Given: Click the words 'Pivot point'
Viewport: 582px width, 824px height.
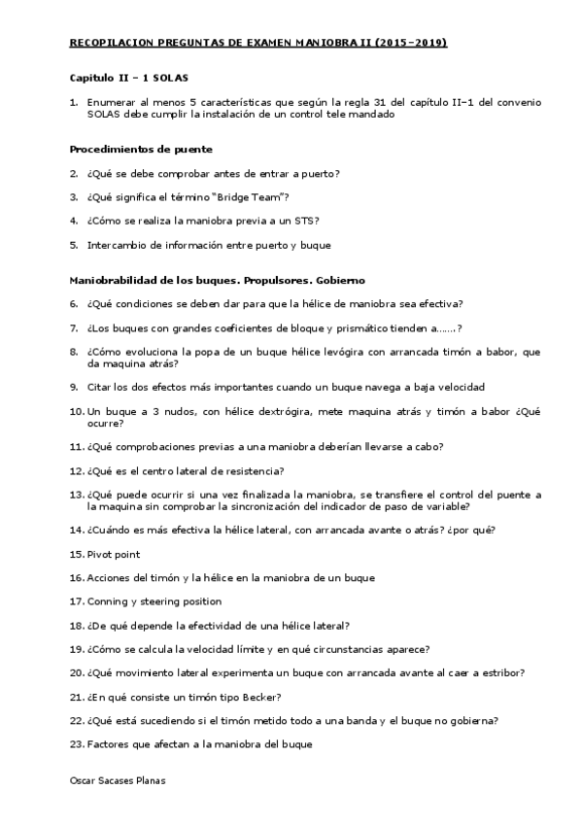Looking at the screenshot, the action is [x=114, y=554].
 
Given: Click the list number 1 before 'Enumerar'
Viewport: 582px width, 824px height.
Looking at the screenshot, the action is [x=74, y=101].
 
